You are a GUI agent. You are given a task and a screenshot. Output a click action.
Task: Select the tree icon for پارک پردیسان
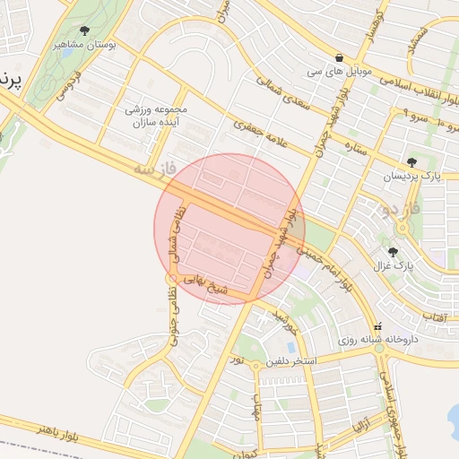click(x=411, y=162)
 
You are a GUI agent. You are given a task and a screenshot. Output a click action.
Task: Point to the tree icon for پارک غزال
click(x=392, y=252)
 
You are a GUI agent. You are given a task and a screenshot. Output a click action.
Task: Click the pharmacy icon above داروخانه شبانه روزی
click(x=377, y=326)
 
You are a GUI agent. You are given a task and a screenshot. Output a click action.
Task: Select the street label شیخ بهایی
click(x=209, y=285)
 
